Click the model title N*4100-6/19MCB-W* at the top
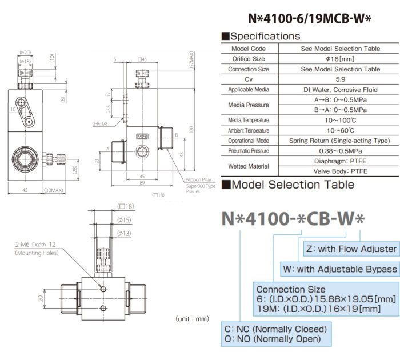point(310,18)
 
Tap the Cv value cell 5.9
point(340,79)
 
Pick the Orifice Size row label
point(249,59)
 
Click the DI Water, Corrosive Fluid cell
point(340,90)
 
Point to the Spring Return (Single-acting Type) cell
point(340,141)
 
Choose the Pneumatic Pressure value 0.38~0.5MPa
point(340,151)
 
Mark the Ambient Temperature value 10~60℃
point(340,130)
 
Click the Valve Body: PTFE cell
point(340,171)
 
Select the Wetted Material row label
point(249,166)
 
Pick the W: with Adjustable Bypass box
point(339,269)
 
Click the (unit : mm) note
point(193,318)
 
